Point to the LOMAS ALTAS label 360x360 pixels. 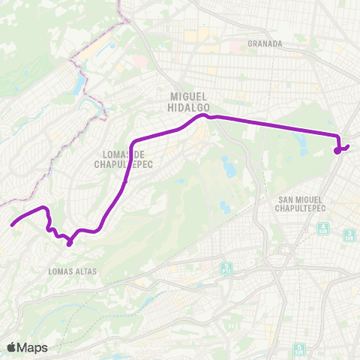tap(69, 270)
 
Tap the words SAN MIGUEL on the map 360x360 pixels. tap(304, 199)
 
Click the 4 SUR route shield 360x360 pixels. tap(323, 227)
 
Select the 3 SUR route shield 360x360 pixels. tap(349, 235)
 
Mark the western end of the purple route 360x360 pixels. tap(11, 223)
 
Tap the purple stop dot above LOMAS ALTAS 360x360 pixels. tap(69, 242)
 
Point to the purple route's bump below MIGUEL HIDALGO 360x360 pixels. tap(202, 116)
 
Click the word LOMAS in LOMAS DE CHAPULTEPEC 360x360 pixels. tap(110, 156)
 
